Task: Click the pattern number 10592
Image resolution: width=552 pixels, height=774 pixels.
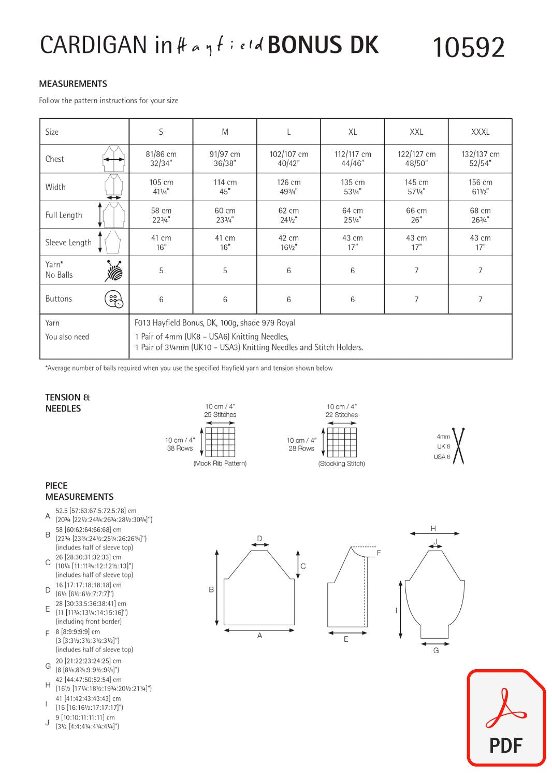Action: click(x=468, y=48)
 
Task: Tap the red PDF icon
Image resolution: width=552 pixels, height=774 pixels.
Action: click(x=506, y=717)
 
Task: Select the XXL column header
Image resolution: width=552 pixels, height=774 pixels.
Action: click(x=416, y=132)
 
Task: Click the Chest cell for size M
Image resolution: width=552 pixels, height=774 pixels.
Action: click(x=225, y=159)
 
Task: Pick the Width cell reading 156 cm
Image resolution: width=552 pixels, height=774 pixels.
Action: click(x=480, y=187)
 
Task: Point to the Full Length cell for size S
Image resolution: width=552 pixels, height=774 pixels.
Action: click(x=161, y=215)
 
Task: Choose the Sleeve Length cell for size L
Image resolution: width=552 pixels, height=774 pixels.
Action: click(x=288, y=243)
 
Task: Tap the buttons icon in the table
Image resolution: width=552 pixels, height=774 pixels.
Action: click(x=114, y=299)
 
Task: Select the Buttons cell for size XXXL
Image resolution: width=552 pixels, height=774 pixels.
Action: click(x=480, y=300)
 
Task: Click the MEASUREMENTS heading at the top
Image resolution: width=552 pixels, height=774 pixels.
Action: click(x=73, y=84)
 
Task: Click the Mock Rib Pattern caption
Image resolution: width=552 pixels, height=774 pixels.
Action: click(x=220, y=463)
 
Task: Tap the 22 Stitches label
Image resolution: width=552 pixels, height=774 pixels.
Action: click(x=342, y=415)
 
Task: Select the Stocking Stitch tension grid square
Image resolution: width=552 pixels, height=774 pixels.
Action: click(x=342, y=442)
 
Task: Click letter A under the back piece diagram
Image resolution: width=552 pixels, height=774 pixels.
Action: click(x=259, y=636)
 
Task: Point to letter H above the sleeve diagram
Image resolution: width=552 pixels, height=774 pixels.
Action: click(x=433, y=529)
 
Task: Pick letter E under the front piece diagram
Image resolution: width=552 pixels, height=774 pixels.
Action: click(x=346, y=640)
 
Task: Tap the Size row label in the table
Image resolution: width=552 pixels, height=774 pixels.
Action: click(x=52, y=132)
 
